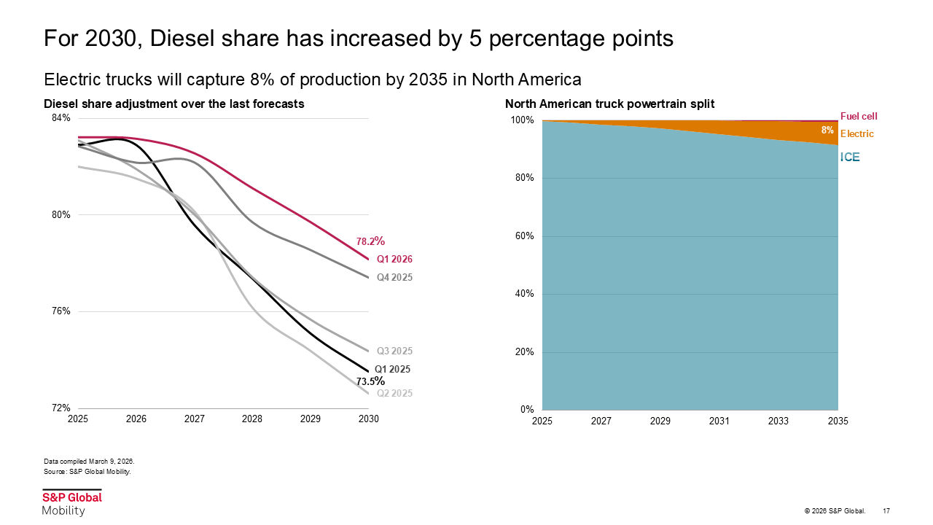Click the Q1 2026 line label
click(394, 260)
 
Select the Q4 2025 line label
click(394, 278)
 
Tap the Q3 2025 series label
click(394, 351)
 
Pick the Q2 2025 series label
click(394, 394)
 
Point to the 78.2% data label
click(370, 241)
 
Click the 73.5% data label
click(370, 381)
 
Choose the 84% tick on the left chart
click(60, 118)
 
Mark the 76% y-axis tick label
click(60, 311)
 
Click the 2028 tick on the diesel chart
click(252, 420)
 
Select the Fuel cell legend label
click(859, 116)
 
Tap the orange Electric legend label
click(856, 134)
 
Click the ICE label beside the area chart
click(850, 157)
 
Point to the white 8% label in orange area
click(827, 130)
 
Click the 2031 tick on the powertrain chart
click(719, 421)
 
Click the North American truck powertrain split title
click(609, 104)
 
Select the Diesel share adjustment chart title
click(173, 104)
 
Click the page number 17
click(886, 510)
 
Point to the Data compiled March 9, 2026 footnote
click(89, 462)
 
